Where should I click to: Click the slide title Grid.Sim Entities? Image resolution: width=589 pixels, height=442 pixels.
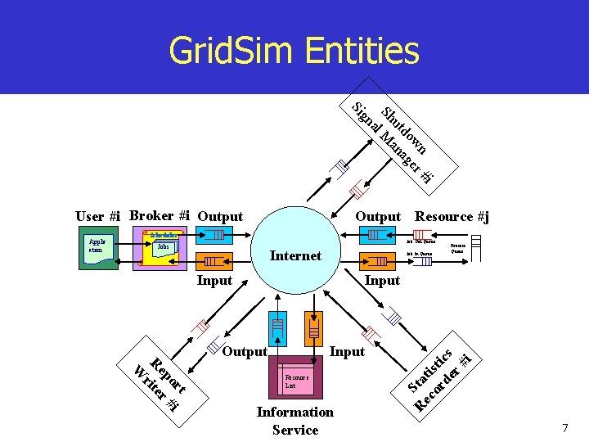point(294,51)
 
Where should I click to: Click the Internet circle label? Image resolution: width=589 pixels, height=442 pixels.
point(294,256)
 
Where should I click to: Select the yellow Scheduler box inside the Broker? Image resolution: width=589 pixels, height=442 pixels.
point(163,234)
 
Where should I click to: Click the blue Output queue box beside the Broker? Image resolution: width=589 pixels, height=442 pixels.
point(214,235)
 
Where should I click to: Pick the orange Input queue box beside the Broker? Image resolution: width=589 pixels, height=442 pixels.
point(214,262)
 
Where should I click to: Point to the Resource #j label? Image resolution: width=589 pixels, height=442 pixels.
point(452,217)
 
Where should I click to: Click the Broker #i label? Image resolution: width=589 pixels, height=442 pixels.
point(160,216)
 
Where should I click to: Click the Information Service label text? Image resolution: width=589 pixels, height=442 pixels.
point(294,421)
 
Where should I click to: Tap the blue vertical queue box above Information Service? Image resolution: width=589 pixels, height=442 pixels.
point(278,327)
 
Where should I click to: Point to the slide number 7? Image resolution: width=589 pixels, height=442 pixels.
point(564,429)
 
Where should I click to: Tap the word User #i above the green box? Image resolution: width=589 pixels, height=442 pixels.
point(97,217)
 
